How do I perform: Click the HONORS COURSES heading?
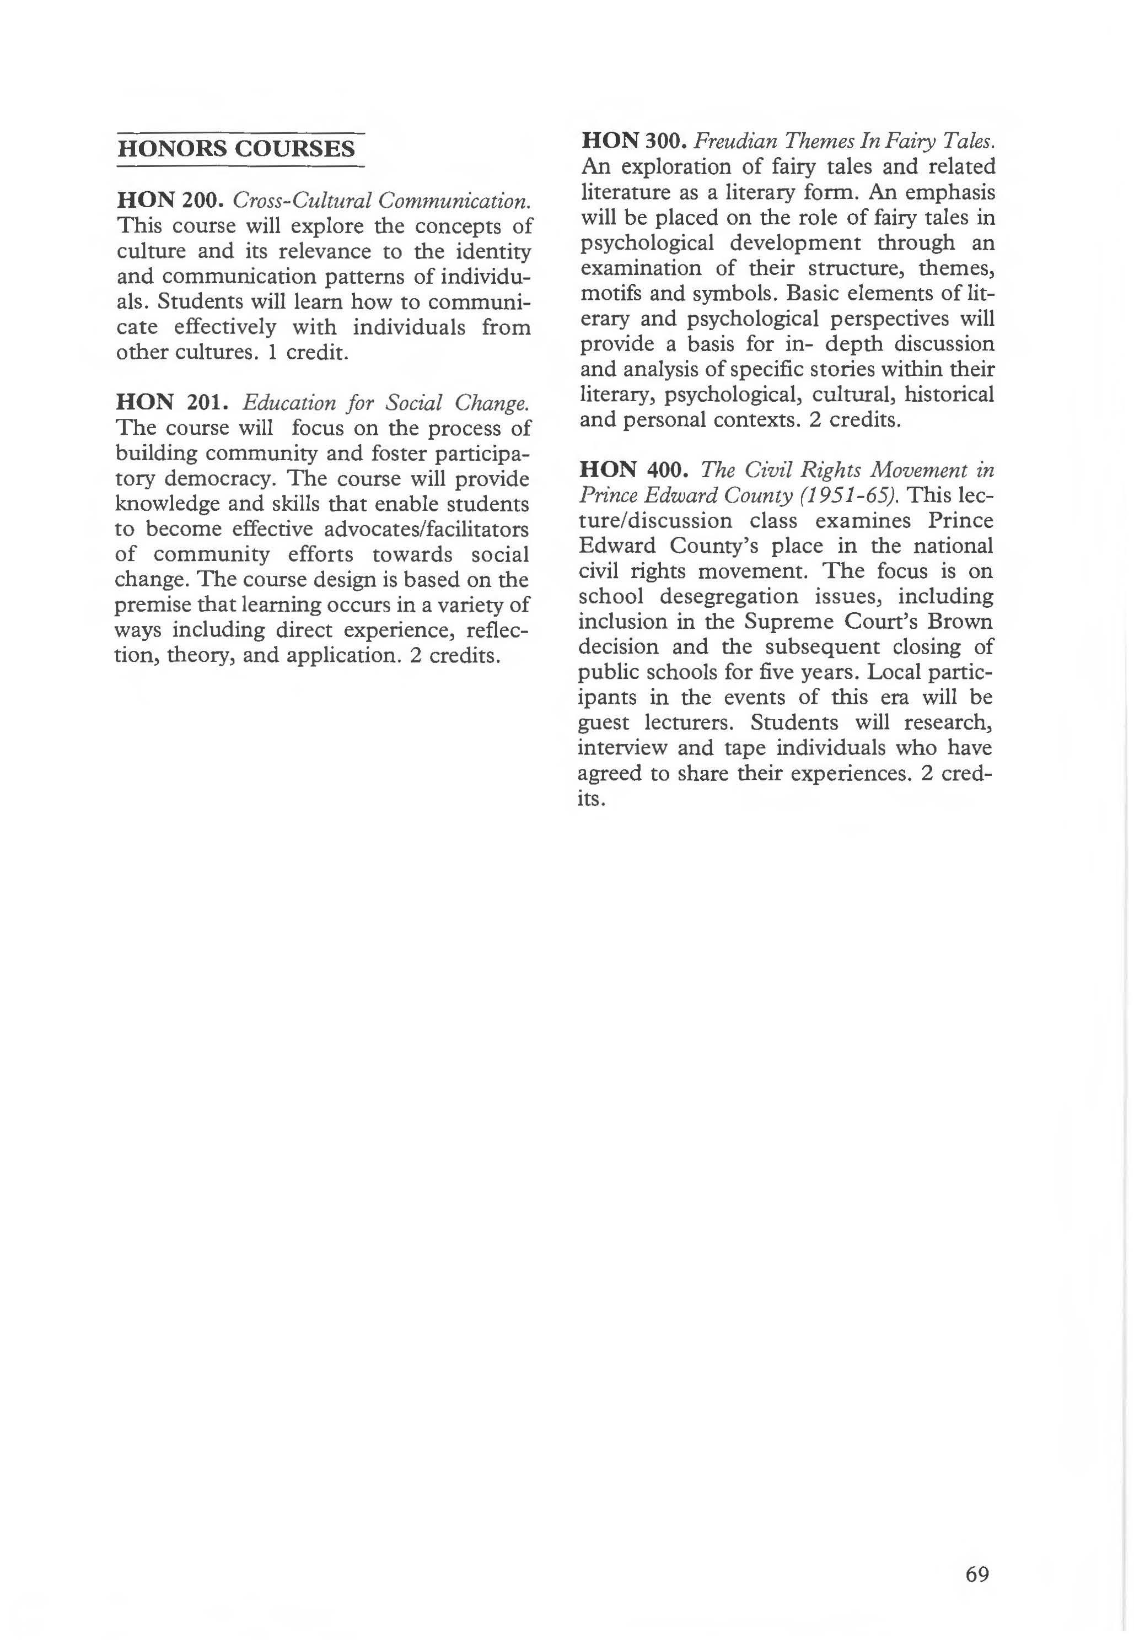pyautogui.click(x=236, y=149)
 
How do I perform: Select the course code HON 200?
pyautogui.click(x=170, y=200)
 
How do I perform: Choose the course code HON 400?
pyautogui.click(x=634, y=470)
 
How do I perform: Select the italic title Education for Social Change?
pyautogui.click(x=386, y=403)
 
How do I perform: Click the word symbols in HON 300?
pyautogui.click(x=736, y=293)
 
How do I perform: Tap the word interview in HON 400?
pyautogui.click(x=622, y=748)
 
